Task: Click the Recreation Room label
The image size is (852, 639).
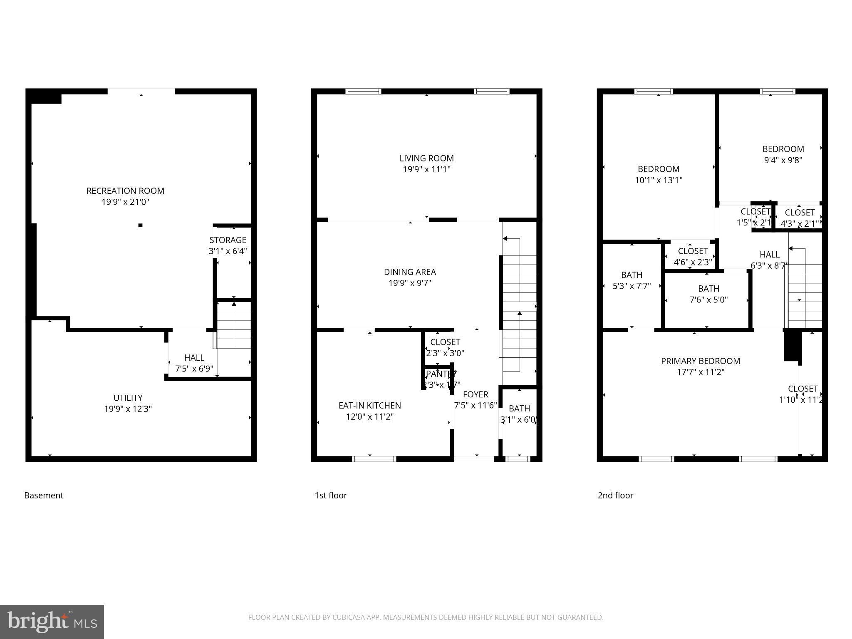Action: point(125,191)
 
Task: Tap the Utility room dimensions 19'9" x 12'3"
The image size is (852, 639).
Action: point(128,409)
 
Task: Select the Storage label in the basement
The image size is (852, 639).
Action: point(228,240)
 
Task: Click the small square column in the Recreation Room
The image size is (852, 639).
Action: point(141,225)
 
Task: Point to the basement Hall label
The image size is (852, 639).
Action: point(194,358)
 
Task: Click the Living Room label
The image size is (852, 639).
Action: point(426,159)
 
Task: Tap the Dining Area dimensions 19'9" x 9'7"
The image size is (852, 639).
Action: point(410,283)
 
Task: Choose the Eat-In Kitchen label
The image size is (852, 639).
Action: point(369,406)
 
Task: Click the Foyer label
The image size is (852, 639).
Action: point(476,394)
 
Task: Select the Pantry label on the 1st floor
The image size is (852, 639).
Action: point(441,374)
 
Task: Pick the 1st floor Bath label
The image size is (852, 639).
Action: point(519,409)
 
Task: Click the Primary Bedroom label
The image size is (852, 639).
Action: point(701,361)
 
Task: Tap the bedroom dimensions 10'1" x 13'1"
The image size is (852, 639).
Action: point(659,180)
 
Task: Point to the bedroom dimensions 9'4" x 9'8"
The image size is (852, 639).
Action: point(783,160)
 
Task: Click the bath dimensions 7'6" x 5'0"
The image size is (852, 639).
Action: point(708,300)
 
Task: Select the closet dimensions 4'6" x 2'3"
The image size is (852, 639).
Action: point(693,263)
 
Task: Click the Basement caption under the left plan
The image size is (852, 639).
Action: point(44,495)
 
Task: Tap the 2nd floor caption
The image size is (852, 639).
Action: point(615,495)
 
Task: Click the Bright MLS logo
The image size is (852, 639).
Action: point(52,622)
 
